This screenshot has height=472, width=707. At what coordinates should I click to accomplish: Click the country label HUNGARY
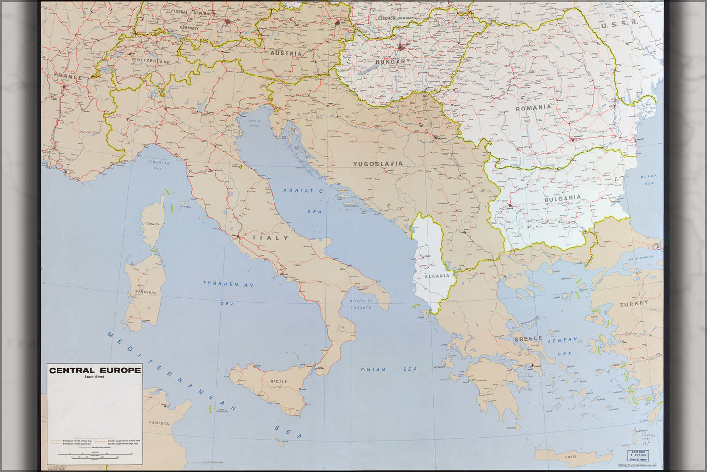point(393,62)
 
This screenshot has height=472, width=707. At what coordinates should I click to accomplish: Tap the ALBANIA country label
point(438,277)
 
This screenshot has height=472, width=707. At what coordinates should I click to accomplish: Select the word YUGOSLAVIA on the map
point(378,164)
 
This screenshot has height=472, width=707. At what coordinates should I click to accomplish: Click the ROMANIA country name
point(533,107)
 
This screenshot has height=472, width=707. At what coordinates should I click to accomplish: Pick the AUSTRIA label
point(286,54)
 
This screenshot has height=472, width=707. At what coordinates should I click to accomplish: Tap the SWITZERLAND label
point(151,62)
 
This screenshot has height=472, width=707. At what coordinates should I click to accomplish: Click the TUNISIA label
point(158,423)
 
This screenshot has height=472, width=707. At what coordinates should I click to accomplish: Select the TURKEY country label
point(634,304)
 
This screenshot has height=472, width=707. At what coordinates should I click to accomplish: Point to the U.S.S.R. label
point(619,23)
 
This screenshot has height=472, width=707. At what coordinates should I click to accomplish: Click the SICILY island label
point(279,381)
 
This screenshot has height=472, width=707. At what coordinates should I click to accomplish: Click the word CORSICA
point(152,224)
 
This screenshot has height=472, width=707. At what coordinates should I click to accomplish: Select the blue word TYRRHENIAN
point(228,284)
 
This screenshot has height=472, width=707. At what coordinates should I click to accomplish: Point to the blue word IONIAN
point(372,370)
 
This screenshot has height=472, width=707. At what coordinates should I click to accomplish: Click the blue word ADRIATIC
point(303,191)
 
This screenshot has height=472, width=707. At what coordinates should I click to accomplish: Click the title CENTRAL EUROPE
point(95,370)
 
